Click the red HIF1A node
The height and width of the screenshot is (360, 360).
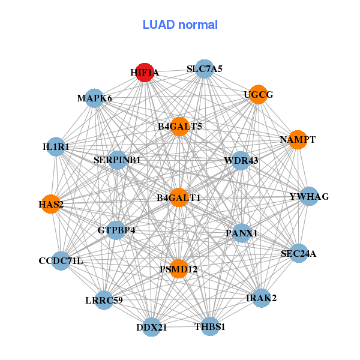[x=145, y=73]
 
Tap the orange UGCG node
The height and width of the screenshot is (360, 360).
[x=258, y=95]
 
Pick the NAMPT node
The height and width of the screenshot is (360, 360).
[x=298, y=140]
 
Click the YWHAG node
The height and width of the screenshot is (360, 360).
[x=308, y=197]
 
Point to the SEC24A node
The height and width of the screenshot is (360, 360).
[x=298, y=254]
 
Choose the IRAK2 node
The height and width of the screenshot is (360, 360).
[x=261, y=298]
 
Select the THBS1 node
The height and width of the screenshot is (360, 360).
[x=210, y=326]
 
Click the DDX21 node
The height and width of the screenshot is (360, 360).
[x=151, y=327]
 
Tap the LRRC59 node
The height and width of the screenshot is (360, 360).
[x=104, y=300]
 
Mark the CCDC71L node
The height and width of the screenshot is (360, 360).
[x=61, y=261]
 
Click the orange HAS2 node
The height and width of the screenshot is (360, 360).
[x=51, y=205]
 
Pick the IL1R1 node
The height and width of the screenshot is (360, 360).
[x=56, y=146]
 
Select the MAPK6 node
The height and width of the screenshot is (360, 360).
[x=95, y=98]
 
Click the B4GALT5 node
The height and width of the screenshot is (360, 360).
[x=179, y=127]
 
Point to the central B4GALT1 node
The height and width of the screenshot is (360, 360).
[x=179, y=197]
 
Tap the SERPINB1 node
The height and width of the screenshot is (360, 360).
[x=117, y=160]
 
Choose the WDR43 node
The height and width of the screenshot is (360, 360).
[x=241, y=160]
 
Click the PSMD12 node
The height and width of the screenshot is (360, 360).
[x=178, y=269]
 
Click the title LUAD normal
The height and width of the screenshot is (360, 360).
[x=180, y=25]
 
